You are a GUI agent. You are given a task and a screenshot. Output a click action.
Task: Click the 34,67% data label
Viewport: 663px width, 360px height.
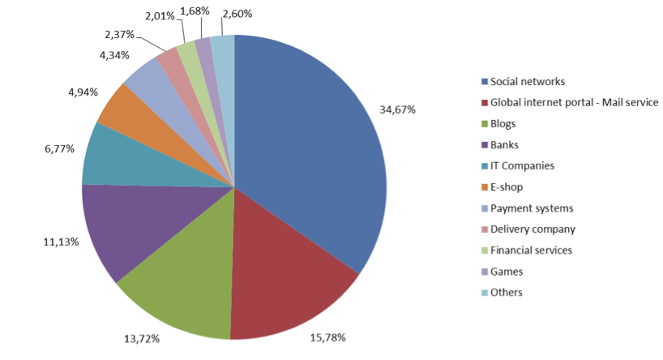(x=397, y=109)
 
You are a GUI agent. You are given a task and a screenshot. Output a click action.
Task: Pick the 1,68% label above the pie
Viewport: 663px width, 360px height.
(x=194, y=11)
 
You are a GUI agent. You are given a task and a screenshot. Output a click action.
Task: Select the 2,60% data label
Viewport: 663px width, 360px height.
(x=236, y=13)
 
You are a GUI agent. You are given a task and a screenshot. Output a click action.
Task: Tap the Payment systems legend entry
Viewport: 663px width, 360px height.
(x=532, y=208)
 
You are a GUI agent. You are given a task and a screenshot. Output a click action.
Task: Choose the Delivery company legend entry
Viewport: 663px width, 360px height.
(x=533, y=229)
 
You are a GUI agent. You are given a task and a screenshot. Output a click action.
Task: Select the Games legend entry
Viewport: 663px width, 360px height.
(x=507, y=271)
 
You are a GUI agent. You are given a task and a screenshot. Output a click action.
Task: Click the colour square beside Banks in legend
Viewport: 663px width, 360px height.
(x=484, y=145)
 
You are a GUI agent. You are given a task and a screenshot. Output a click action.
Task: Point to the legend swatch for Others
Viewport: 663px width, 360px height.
(x=484, y=293)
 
